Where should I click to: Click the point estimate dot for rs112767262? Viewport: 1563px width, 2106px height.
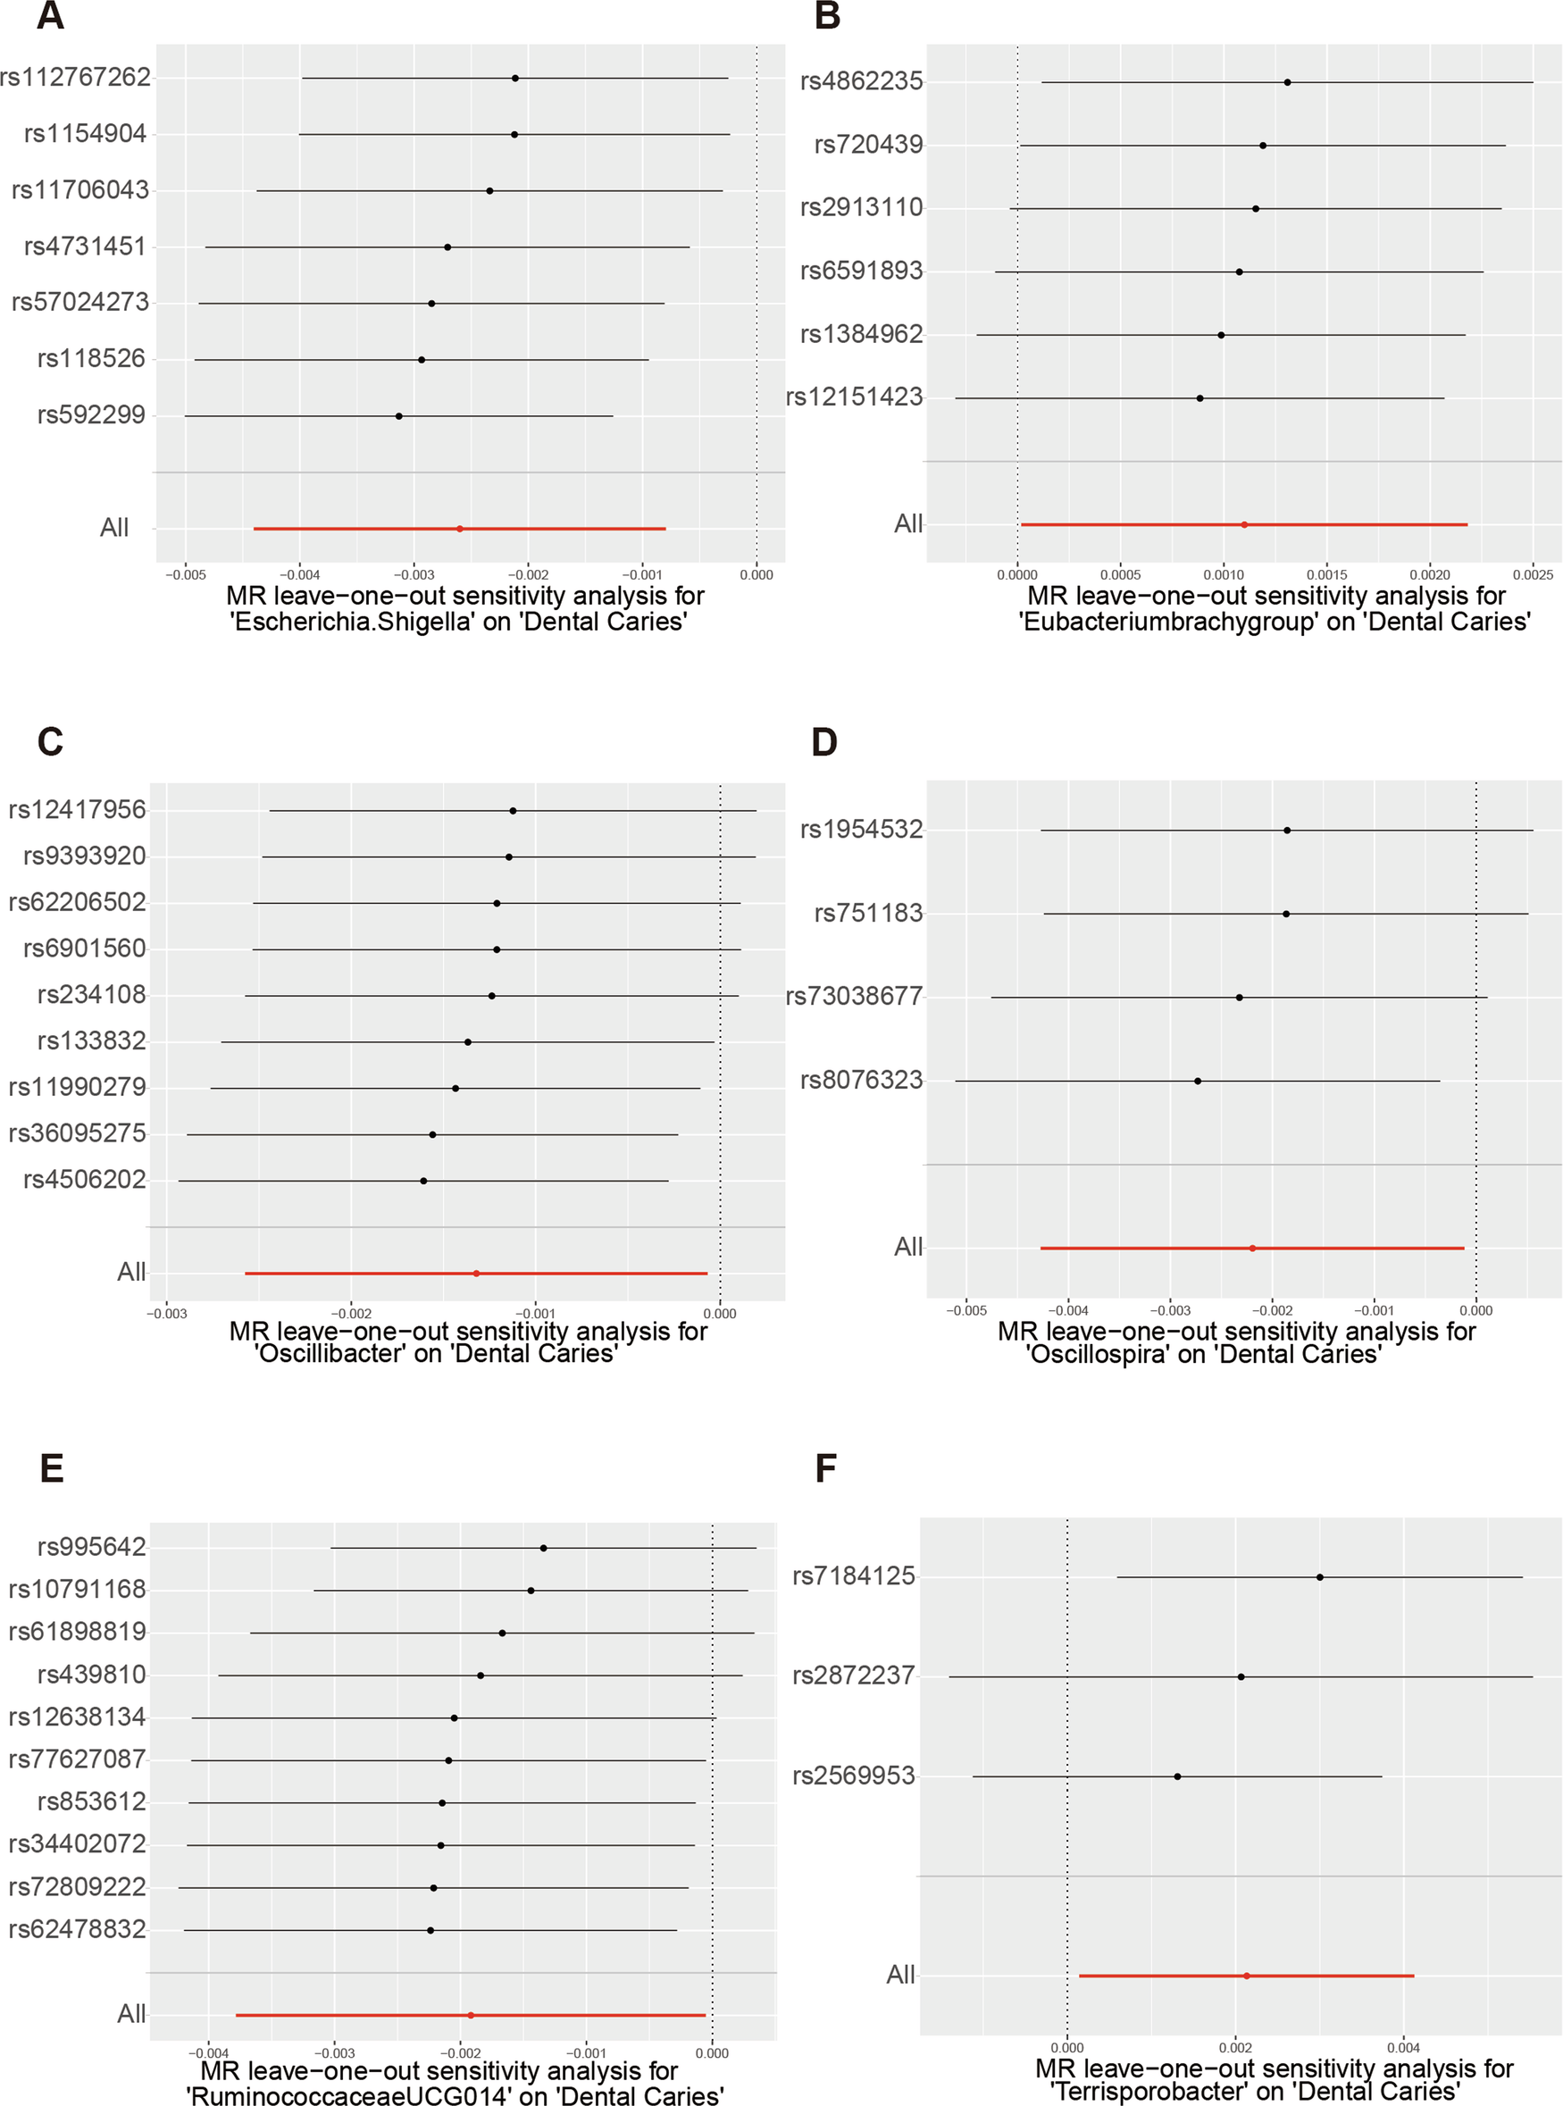[x=514, y=78]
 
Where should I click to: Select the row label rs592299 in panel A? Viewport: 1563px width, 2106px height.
[x=91, y=414]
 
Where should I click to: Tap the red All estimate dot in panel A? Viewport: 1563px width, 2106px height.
[x=460, y=528]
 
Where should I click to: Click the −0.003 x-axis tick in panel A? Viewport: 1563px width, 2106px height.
[x=414, y=574]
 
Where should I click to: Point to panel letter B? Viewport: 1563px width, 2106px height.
[x=827, y=16]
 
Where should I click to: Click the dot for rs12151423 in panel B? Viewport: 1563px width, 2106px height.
[x=1199, y=398]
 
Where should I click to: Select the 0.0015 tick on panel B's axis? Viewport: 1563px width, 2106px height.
[x=1326, y=574]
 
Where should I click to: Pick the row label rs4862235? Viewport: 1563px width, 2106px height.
[x=861, y=81]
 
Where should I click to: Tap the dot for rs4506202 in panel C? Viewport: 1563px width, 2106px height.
[x=423, y=1181]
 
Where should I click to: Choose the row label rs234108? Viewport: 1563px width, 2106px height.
[x=92, y=994]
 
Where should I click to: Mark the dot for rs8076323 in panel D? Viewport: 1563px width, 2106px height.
[x=1198, y=1081]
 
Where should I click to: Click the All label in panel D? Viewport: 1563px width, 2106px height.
[x=907, y=1247]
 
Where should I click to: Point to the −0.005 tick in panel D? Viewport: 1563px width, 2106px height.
[x=966, y=1310]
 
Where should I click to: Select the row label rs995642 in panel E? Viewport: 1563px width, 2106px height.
[x=92, y=1547]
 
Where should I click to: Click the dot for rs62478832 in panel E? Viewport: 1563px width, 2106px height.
[x=430, y=1930]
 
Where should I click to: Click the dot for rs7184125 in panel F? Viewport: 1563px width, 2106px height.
[x=1320, y=1577]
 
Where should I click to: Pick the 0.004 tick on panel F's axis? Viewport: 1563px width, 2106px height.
[x=1403, y=2048]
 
